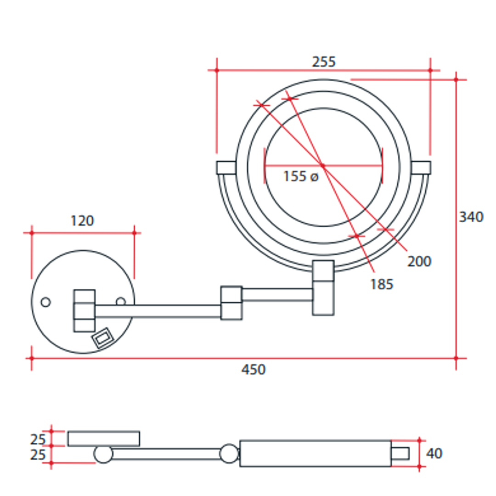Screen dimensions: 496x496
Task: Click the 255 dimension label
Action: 324,62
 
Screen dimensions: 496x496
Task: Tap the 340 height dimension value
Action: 471,217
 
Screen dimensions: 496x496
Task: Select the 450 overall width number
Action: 253,369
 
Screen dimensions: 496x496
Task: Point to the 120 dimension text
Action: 82,221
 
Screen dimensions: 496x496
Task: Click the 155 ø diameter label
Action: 300,176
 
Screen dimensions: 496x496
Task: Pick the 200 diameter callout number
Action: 419,261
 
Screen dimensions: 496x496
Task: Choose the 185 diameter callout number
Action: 382,284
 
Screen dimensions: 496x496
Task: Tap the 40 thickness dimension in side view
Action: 434,454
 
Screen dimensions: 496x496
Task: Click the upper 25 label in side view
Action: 38,440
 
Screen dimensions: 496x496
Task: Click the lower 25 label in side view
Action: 38,455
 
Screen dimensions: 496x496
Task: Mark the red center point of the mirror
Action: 322,165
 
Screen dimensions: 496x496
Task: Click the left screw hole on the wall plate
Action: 45,302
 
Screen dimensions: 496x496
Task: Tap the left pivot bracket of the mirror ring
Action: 226,168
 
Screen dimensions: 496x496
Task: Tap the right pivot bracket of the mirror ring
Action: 421,168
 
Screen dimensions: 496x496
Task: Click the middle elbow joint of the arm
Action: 231,303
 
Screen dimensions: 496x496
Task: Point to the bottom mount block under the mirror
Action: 323,288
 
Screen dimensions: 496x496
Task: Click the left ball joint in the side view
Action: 103,454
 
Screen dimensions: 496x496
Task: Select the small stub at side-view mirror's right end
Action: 400,453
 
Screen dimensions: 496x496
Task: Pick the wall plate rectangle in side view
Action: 104,438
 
